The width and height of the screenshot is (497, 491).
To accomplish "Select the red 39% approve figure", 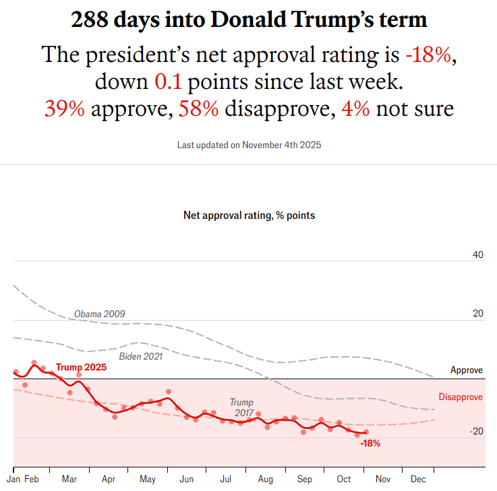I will click(64, 108).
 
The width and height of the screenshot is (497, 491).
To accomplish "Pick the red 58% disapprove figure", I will click(198, 108).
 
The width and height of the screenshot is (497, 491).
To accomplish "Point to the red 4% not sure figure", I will click(355, 108).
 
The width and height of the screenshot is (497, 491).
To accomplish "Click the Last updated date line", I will click(249, 145).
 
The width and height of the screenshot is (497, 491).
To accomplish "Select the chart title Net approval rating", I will click(249, 216).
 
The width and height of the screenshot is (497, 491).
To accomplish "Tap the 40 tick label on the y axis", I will click(478, 255).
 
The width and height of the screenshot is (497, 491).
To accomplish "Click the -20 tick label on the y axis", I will click(476, 431).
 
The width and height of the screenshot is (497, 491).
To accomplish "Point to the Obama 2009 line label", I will click(99, 314).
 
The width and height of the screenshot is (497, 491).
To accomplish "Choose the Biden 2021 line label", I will click(140, 356).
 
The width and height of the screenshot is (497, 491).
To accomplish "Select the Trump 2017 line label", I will click(241, 407).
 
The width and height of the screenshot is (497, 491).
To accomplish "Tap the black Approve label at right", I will click(467, 370).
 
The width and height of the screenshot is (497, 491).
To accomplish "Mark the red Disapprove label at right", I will click(461, 397).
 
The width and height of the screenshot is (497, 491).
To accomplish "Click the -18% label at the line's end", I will click(370, 443).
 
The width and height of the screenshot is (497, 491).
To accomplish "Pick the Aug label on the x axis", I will click(266, 480).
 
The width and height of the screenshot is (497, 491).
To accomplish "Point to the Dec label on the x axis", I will click(418, 480).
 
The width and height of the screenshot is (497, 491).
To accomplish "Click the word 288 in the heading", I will click(91, 20).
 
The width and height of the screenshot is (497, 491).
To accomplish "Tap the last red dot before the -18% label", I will click(366, 432).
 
